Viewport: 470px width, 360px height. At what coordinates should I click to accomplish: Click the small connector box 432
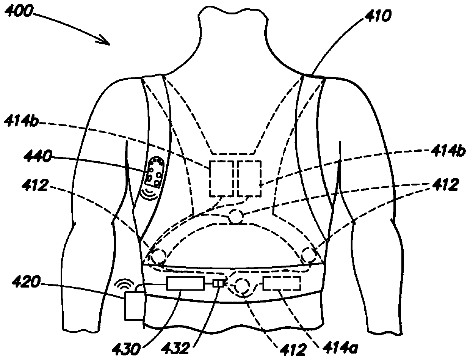point(218,283)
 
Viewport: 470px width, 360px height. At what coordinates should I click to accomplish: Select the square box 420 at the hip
point(134,305)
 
